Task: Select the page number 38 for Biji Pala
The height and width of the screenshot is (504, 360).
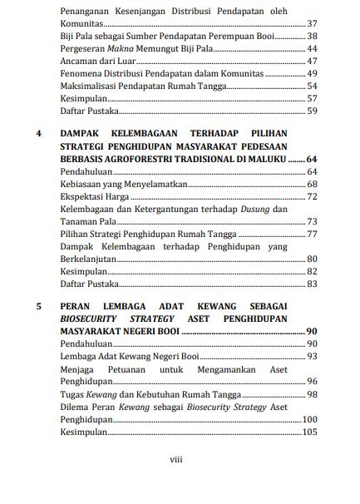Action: pyautogui.click(x=312, y=37)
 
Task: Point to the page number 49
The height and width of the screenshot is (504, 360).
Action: pyautogui.click(x=312, y=74)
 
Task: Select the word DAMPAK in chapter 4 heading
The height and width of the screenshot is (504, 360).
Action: pyautogui.click(x=85, y=135)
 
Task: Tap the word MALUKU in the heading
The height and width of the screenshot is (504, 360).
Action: pyautogui.click(x=277, y=158)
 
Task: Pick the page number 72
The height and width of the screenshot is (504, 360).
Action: pyautogui.click(x=312, y=196)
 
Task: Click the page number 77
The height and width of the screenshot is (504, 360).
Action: pyautogui.click(x=312, y=234)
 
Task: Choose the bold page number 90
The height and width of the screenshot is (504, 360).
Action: pyautogui.click(x=312, y=331)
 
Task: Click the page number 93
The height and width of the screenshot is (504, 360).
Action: pyautogui.click(x=312, y=356)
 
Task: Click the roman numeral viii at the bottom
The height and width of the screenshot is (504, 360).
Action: pyautogui.click(x=177, y=459)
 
